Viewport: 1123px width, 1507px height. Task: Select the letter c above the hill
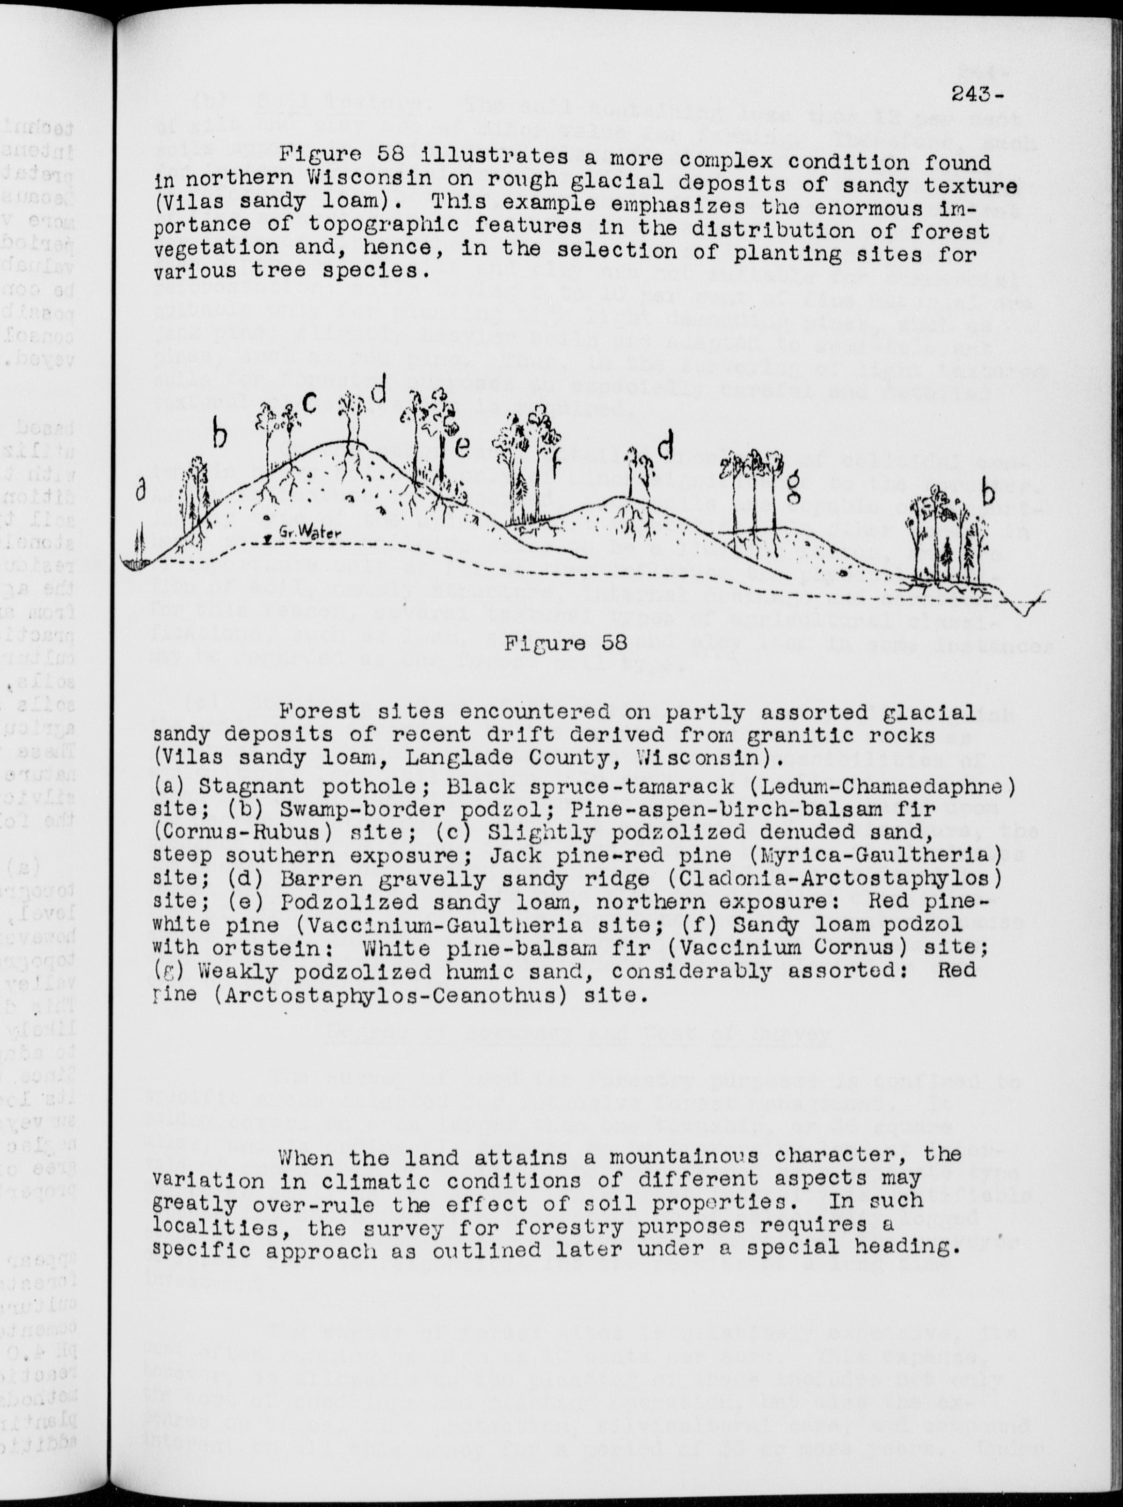pos(309,402)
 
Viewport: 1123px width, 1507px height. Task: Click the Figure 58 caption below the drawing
pos(565,643)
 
